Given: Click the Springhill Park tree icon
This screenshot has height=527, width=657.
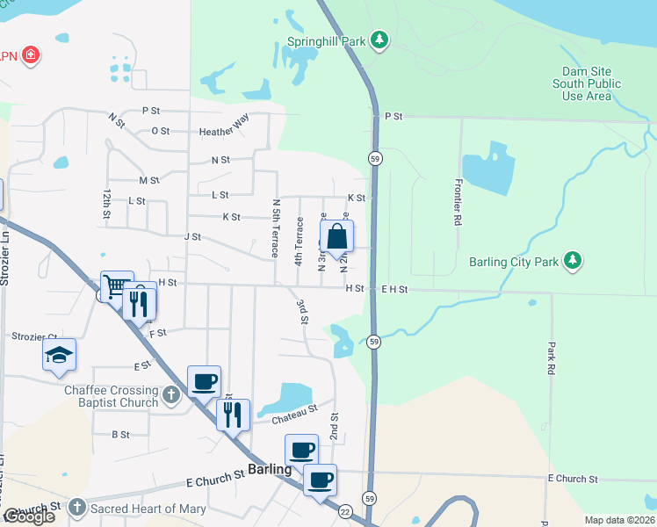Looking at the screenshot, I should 379,40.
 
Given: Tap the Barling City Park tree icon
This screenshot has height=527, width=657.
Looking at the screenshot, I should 573,261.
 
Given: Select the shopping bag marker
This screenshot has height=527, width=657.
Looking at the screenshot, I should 337,237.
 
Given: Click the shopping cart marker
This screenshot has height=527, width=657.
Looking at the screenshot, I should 116,286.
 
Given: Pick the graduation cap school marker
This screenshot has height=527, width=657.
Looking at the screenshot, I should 60,355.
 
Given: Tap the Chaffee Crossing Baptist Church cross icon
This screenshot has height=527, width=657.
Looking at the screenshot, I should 171,396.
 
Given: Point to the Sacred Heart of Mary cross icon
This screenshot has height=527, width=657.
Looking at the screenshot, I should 77,508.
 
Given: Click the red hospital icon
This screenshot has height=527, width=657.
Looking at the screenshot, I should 32,55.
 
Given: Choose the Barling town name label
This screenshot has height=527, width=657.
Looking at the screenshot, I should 269,469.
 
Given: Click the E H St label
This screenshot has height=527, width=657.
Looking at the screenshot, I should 396,288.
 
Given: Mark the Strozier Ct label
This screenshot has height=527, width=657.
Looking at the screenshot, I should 34,336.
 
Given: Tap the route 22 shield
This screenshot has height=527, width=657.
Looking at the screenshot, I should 345,511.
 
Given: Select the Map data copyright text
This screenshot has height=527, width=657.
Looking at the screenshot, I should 619,520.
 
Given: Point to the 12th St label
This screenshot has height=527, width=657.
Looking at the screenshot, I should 107,203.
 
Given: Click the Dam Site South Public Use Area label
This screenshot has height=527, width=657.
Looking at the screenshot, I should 587,83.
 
